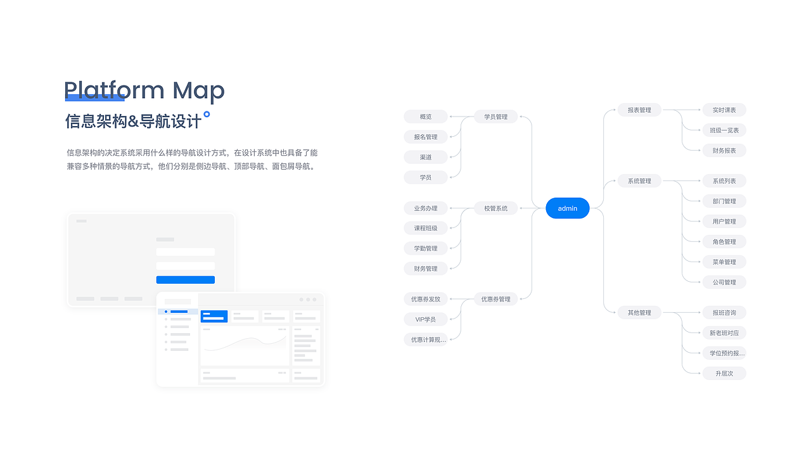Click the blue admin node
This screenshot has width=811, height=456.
(x=567, y=208)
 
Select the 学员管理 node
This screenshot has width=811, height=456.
(x=495, y=117)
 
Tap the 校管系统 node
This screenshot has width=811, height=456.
(x=495, y=208)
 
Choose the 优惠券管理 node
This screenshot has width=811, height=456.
(x=495, y=299)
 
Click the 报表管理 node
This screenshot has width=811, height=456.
(x=639, y=110)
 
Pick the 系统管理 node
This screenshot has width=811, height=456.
(x=639, y=181)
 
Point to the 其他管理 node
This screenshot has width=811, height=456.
(x=639, y=313)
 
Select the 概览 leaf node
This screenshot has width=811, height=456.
(x=426, y=117)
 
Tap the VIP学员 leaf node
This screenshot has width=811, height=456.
(x=426, y=319)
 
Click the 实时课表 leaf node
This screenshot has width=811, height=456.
(x=724, y=110)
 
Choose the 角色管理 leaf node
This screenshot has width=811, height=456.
(x=724, y=242)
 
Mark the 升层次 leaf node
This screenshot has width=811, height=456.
(x=724, y=374)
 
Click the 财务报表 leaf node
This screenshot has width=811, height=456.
(x=724, y=151)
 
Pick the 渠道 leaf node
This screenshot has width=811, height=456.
(x=426, y=157)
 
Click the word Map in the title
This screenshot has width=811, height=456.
(x=198, y=91)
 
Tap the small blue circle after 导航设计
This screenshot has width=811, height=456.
(x=207, y=115)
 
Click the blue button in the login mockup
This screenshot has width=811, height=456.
(x=186, y=280)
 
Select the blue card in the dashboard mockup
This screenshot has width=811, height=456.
(x=214, y=316)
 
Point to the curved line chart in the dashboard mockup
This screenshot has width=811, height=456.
(x=245, y=343)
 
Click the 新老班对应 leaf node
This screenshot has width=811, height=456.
(x=724, y=333)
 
